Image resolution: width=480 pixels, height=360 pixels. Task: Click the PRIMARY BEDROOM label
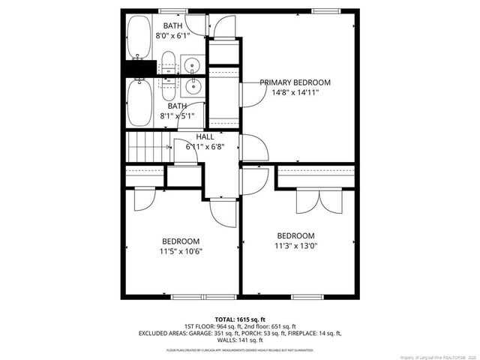point(295,82)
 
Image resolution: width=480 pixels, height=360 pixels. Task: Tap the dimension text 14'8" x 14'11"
point(295,94)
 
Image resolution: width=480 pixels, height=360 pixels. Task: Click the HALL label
point(205,137)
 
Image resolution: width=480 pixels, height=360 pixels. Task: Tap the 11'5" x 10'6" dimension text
point(181,251)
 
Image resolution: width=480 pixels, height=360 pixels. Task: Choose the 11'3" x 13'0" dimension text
point(295,245)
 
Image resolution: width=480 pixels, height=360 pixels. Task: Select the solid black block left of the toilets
point(137,69)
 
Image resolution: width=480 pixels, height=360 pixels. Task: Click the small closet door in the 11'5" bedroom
point(142,199)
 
